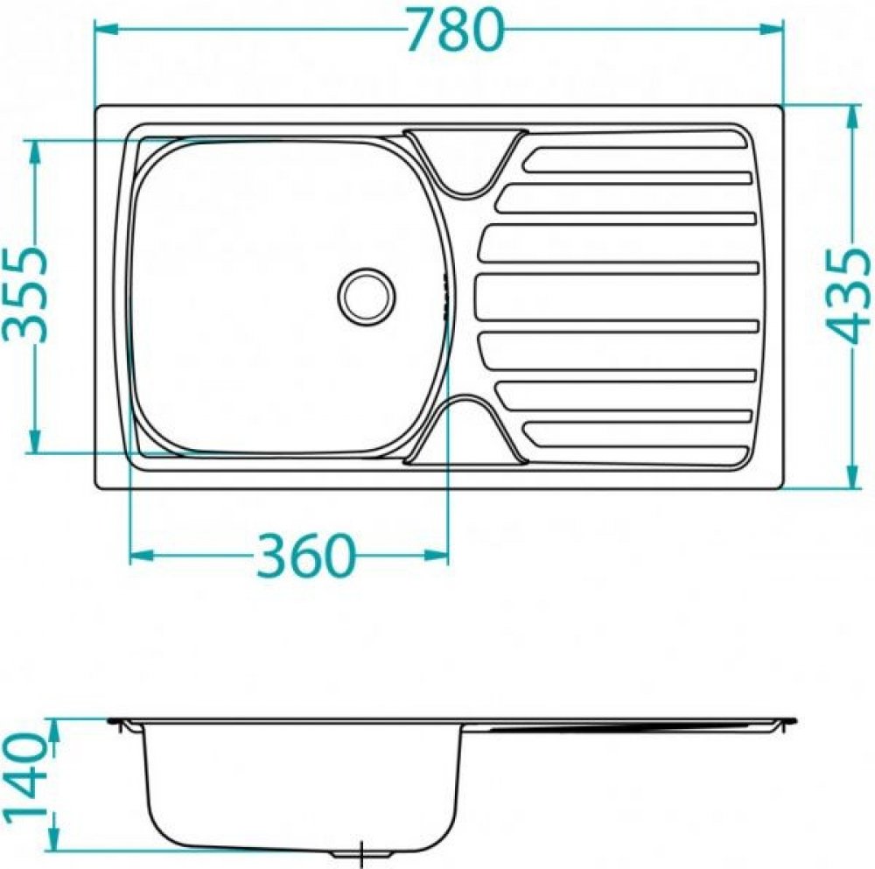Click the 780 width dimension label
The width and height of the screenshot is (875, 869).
455,30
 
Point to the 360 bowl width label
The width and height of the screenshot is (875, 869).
304,556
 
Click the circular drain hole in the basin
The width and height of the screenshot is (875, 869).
367,296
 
